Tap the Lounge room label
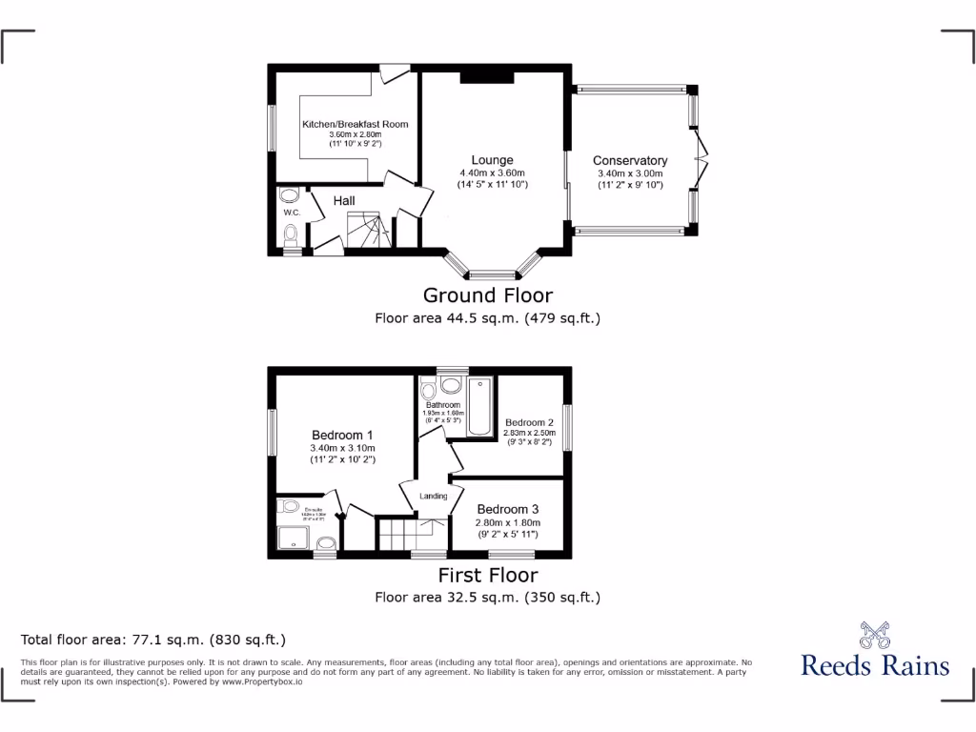tap(492, 160)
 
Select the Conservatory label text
tap(630, 160)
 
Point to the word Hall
tap(344, 200)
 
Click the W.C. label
tap(292, 213)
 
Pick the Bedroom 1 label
tap(342, 435)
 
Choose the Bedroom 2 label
tap(529, 422)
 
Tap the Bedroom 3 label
tap(508, 509)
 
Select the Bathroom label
tap(442, 405)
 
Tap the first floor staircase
tap(401, 533)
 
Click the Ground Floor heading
tap(487, 295)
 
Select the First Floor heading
tap(487, 575)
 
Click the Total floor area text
tap(153, 640)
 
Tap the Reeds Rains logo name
tap(875, 664)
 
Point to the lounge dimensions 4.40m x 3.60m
tap(492, 173)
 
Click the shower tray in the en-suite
tap(295, 536)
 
